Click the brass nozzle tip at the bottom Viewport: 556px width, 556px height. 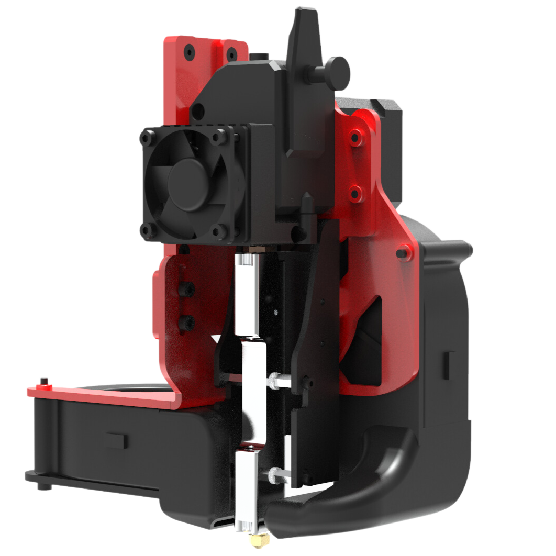(257, 539)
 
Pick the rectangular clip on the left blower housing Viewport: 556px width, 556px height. (116, 440)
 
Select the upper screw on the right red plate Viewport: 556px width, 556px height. (356, 138)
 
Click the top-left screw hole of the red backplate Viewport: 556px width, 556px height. (188, 51)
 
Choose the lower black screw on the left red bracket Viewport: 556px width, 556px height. (187, 320)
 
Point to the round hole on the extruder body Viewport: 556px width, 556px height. (197, 110)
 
